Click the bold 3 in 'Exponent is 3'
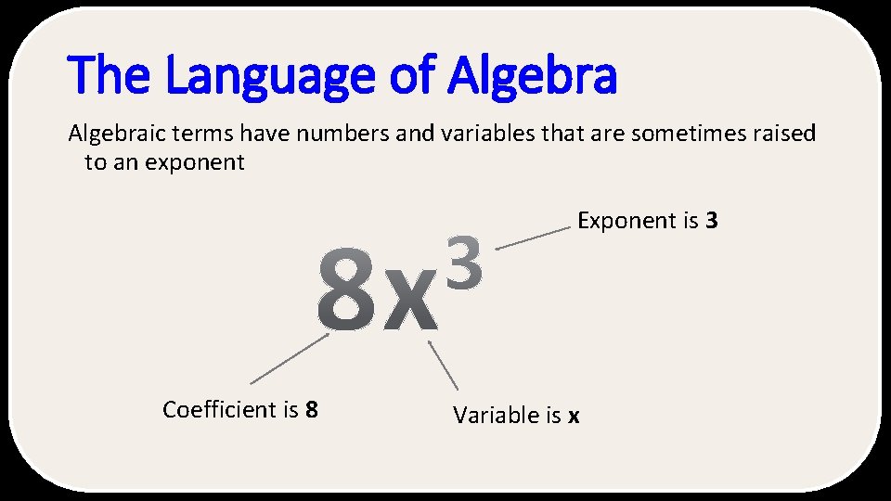712,221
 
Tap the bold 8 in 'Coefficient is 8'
312,409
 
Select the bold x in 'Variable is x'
574,416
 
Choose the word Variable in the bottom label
494,415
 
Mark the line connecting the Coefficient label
288,359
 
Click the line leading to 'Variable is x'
443,365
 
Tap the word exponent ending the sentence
201,163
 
